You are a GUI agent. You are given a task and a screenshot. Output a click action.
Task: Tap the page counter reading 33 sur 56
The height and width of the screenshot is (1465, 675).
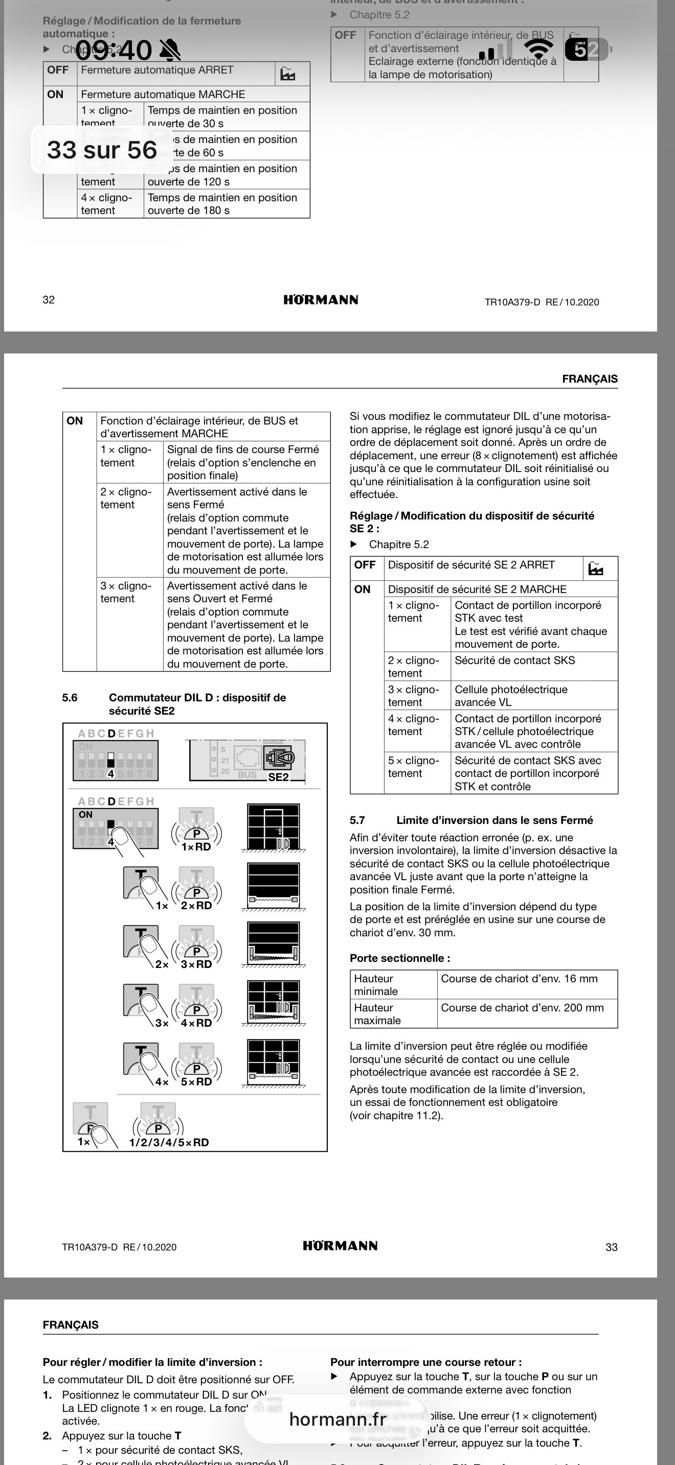click(x=102, y=150)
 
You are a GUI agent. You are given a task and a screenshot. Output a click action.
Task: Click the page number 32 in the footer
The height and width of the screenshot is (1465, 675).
click(x=49, y=300)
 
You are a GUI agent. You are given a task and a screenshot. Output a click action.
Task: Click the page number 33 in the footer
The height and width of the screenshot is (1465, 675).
click(x=611, y=1247)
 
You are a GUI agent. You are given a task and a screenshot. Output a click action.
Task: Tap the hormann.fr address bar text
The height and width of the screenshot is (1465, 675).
click(x=337, y=1419)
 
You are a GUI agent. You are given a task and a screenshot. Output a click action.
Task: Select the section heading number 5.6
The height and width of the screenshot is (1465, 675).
click(x=70, y=698)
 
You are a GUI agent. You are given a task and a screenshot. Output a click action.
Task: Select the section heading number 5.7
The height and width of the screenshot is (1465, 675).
click(x=357, y=820)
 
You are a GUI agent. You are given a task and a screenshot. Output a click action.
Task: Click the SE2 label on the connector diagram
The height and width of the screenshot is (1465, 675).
click(x=278, y=777)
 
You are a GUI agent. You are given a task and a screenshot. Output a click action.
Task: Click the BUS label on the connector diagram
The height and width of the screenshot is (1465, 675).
click(x=247, y=774)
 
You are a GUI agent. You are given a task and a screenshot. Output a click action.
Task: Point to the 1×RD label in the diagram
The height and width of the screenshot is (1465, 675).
click(x=196, y=847)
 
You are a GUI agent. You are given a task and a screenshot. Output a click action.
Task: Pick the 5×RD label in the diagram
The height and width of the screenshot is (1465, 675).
click(x=196, y=1082)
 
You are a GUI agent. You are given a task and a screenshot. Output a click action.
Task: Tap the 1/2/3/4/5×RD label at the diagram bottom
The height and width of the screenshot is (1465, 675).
click(x=169, y=1143)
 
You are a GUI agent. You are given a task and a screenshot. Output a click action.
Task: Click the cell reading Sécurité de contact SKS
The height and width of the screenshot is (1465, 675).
click(x=515, y=660)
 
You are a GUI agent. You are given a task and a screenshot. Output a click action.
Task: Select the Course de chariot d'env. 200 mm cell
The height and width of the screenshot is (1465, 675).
click(x=522, y=1008)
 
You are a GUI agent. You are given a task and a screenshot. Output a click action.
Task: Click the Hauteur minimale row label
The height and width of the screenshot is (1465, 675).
click(x=376, y=984)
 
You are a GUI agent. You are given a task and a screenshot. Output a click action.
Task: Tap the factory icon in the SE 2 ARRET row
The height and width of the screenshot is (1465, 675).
click(x=596, y=568)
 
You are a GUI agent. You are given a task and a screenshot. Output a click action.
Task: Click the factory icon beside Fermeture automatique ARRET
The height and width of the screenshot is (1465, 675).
click(x=288, y=74)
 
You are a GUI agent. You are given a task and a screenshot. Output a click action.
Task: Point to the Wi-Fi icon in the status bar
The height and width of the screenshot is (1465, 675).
click(x=538, y=49)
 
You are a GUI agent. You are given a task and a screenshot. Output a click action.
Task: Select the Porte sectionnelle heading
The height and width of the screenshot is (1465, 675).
click(x=399, y=958)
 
